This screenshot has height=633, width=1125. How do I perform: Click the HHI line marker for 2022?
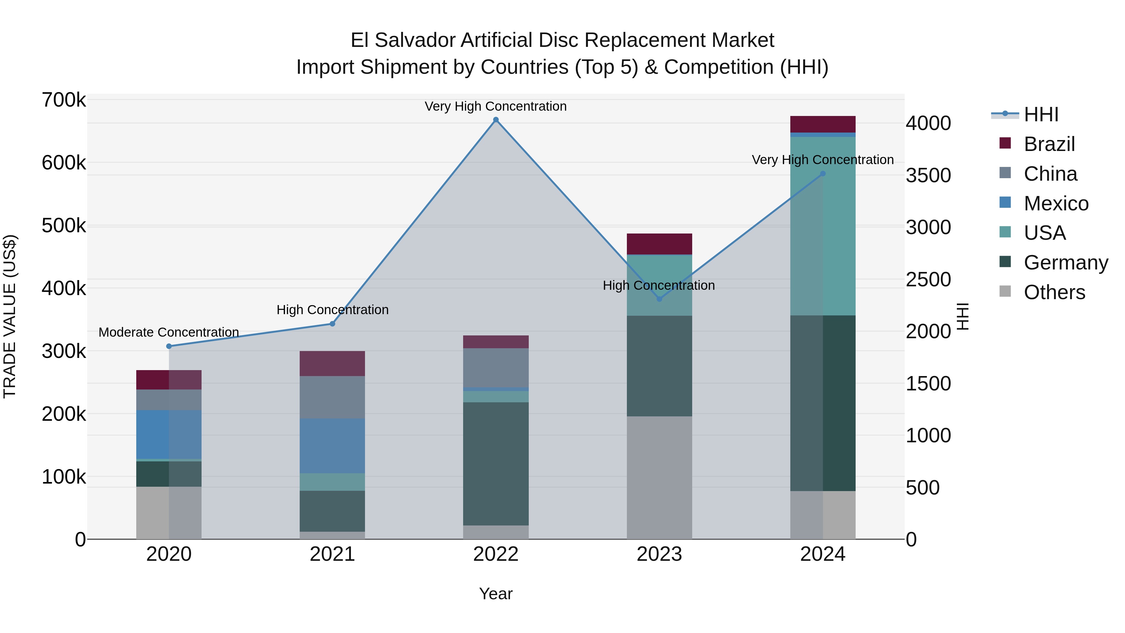[496, 120]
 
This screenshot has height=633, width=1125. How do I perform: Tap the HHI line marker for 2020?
[169, 346]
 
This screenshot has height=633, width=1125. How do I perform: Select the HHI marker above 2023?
[659, 299]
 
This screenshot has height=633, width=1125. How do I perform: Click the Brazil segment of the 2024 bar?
[823, 124]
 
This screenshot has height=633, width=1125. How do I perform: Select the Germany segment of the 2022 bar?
[496, 464]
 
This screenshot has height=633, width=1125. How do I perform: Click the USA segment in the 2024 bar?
[823, 226]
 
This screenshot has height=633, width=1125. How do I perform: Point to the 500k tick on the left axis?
[64, 226]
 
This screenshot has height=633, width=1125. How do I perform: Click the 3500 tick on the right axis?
[928, 175]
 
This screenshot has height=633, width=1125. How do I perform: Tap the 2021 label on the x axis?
[332, 554]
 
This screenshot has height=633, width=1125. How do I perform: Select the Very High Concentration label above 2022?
[496, 107]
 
